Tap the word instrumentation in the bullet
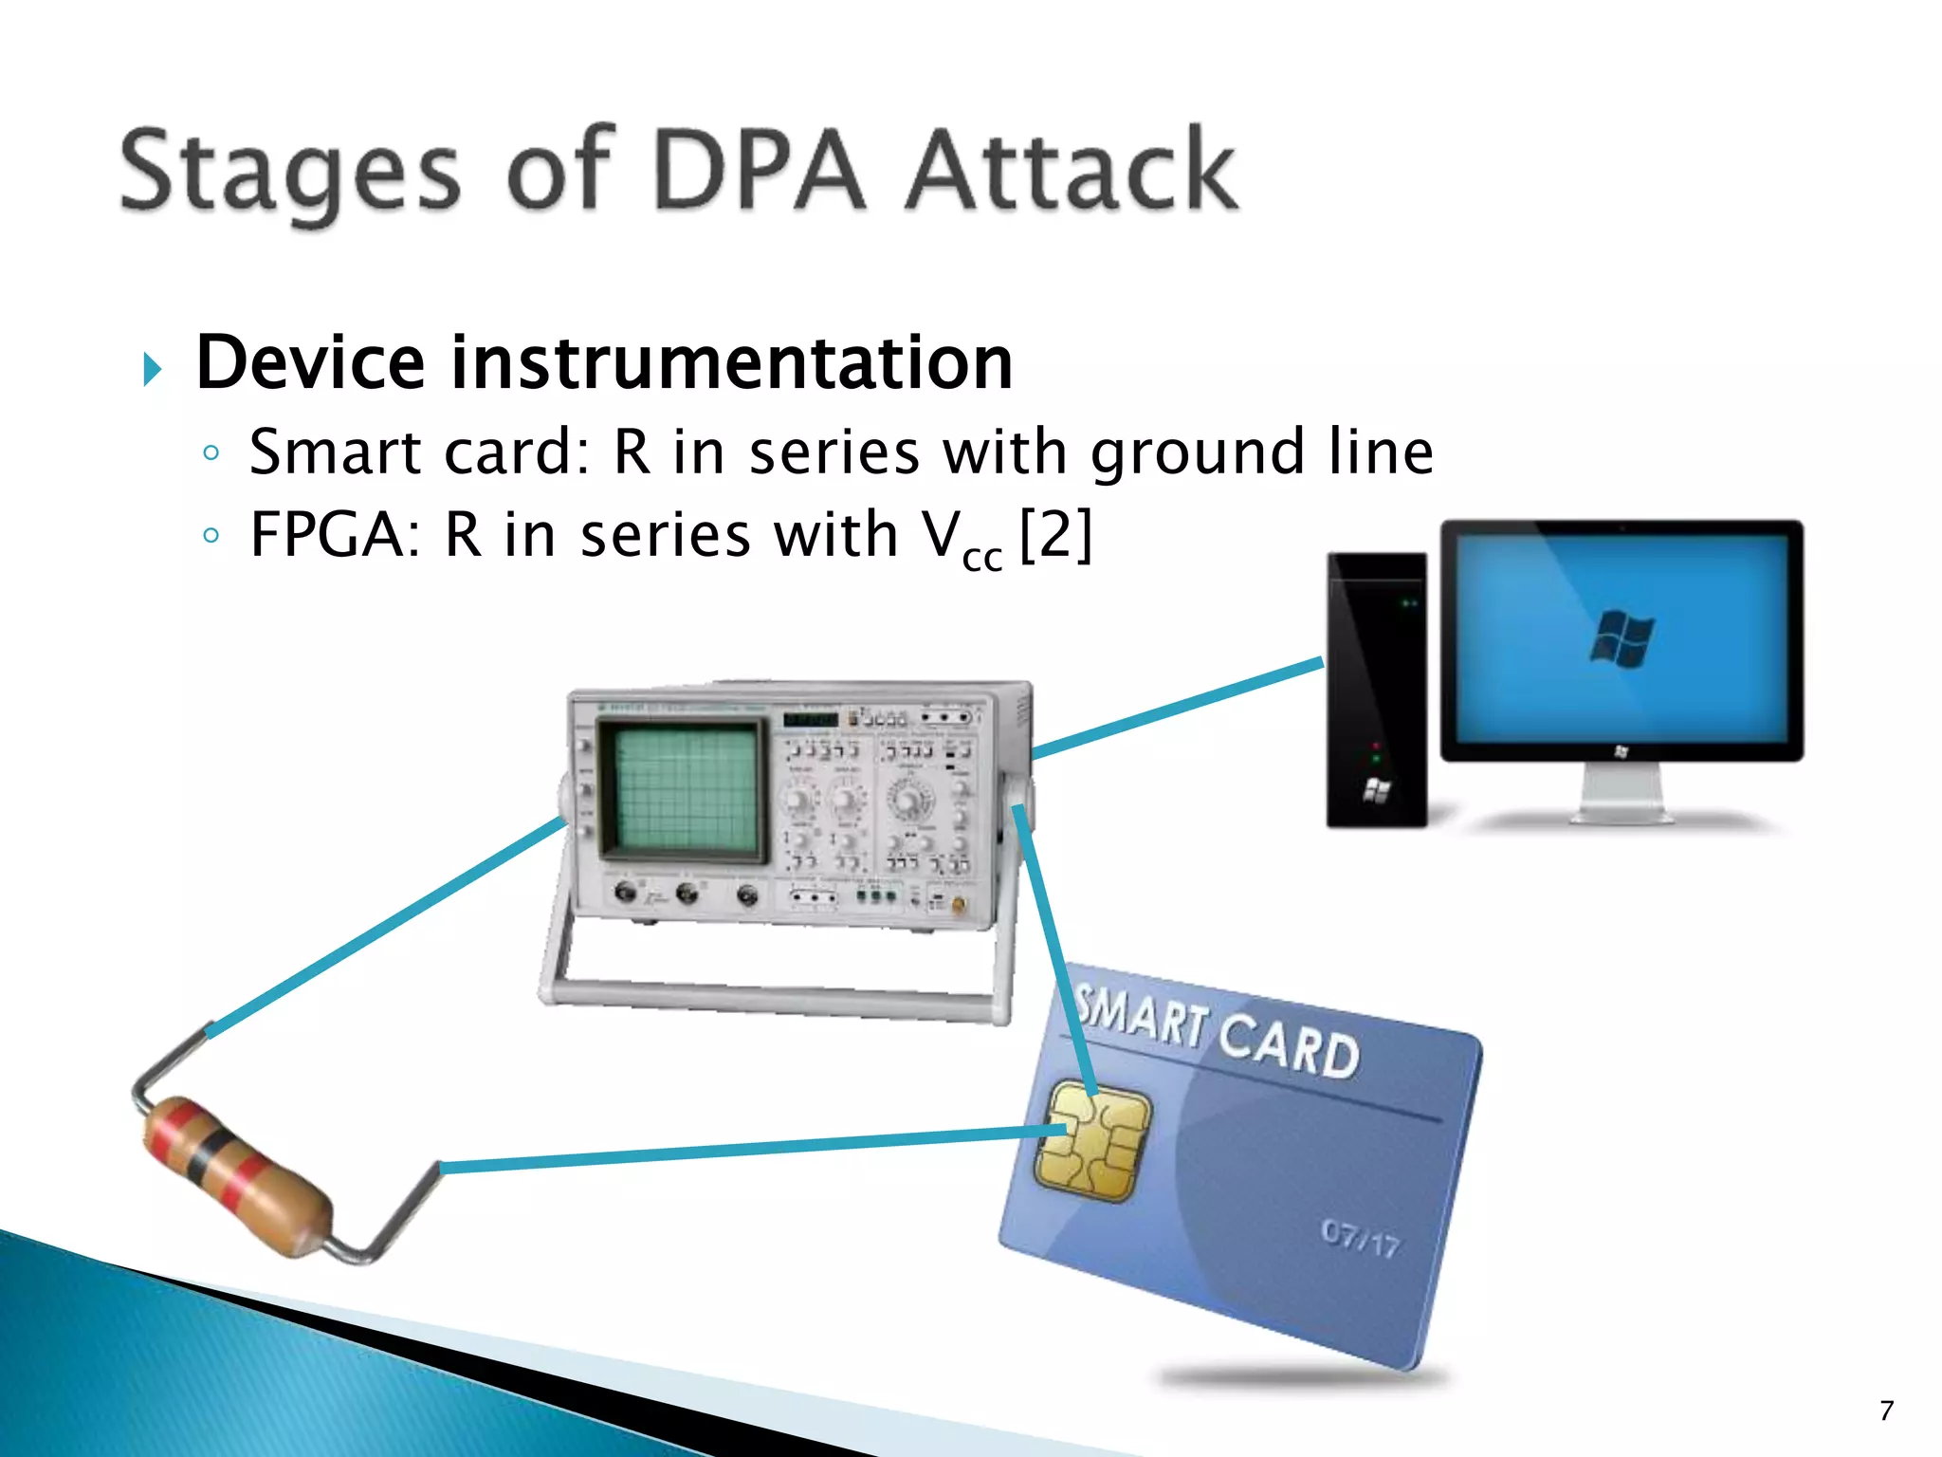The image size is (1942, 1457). (730, 364)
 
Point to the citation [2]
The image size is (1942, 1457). (1055, 536)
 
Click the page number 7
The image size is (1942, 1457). (1886, 1411)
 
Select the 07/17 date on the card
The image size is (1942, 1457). (1360, 1237)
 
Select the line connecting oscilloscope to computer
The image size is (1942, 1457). (1176, 708)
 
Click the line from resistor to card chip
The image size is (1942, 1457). (749, 1150)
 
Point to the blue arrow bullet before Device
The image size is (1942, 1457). (152, 368)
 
